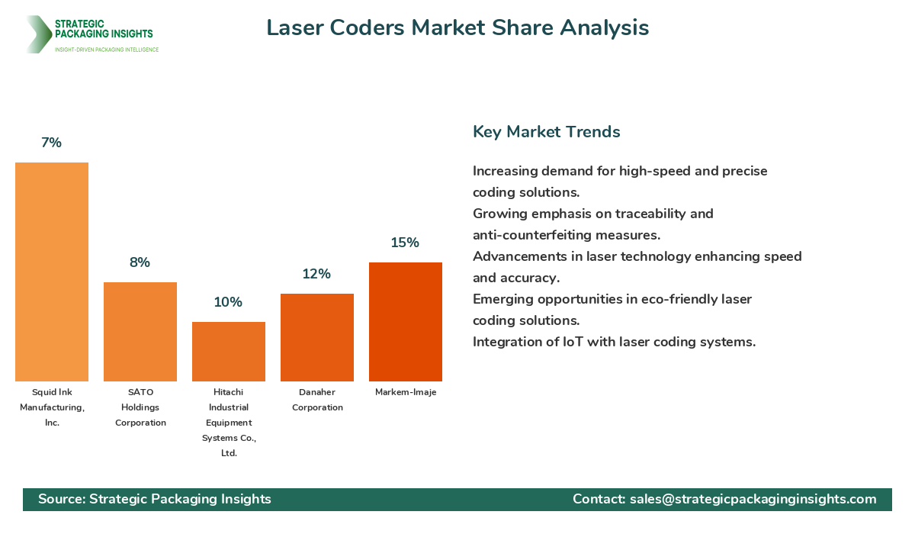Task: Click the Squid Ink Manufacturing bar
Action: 52,272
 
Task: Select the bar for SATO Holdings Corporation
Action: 140,332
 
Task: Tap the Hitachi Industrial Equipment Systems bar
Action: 229,352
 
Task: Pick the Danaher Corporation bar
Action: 317,337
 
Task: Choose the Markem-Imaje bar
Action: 406,322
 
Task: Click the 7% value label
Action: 52,143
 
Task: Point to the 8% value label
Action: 140,262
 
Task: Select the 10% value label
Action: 228,302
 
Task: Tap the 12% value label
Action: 316,274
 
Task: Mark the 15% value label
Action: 405,243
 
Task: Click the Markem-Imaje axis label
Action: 406,392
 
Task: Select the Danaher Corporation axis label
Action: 317,400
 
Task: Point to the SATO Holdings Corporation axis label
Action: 140,407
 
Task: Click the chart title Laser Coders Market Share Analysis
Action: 457,28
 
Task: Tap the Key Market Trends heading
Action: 546,132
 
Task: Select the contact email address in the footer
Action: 753,499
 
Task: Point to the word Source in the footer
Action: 60,499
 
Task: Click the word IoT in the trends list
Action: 573,342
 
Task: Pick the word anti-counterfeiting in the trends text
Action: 533,235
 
